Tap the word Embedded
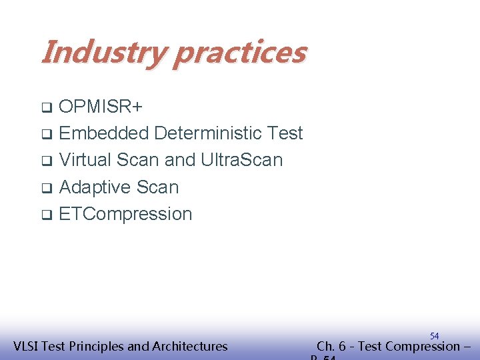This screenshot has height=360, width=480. (104, 133)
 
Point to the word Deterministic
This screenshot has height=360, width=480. (209, 133)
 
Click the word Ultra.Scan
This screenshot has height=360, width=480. (241, 160)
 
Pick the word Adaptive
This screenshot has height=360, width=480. (95, 187)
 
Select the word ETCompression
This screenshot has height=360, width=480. (125, 214)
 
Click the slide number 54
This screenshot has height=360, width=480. (434, 336)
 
